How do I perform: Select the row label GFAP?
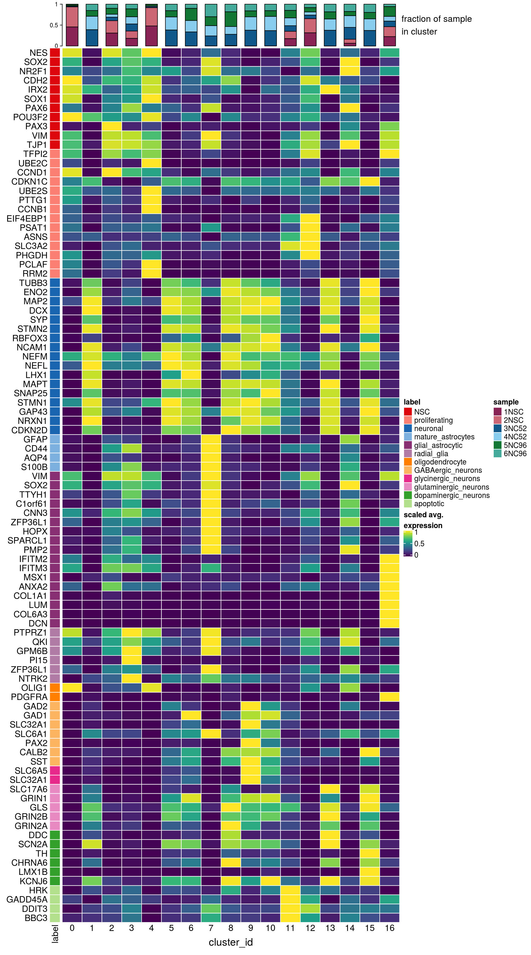pos(36,439)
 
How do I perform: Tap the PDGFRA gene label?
pos(29,697)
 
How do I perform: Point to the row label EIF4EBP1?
pos(27,218)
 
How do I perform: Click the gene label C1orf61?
pos(32,504)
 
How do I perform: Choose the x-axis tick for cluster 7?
pos(211,928)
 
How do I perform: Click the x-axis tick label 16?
pos(389,928)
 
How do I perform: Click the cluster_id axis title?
pos(230,942)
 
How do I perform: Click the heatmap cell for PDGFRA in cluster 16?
pos(389,697)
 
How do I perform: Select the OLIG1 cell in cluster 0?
pos(72,688)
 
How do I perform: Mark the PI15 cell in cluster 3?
pos(131,660)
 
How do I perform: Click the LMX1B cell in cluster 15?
pos(369,872)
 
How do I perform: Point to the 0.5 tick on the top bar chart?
pos(54,25)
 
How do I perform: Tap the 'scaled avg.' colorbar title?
pos(423,515)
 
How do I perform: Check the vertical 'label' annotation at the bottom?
pos(55,933)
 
